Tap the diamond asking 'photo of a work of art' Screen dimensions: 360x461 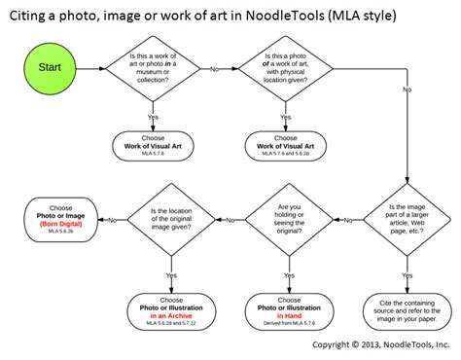286,69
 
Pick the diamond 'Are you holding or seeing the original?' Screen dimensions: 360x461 286,220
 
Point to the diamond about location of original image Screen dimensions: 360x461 171,220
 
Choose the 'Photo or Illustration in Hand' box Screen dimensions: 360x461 286,307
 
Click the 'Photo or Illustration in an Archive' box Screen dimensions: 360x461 171,307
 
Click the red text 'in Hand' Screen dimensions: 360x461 286,316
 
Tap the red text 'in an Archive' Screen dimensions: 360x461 171,316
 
